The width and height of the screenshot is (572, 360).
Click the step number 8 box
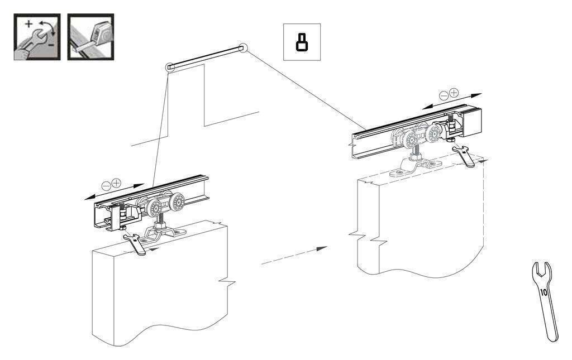[x=302, y=42]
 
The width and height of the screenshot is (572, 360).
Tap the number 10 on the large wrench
[x=544, y=292]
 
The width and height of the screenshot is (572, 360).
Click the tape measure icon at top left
[x=90, y=37]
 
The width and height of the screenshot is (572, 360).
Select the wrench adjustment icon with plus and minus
[x=37, y=37]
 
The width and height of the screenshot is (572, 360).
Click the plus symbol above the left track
[x=116, y=183]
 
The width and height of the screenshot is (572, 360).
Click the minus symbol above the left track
[x=106, y=186]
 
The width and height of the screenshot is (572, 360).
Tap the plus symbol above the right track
[x=454, y=93]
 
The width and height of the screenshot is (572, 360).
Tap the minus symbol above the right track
[x=444, y=96]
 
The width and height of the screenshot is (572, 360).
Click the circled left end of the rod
[x=170, y=68]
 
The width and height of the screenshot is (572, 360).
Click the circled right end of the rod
[x=242, y=49]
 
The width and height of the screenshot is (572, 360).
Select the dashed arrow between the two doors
[x=294, y=256]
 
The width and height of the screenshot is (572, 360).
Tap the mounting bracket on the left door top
[x=164, y=234]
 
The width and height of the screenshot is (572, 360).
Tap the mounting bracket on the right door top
[x=416, y=167]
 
